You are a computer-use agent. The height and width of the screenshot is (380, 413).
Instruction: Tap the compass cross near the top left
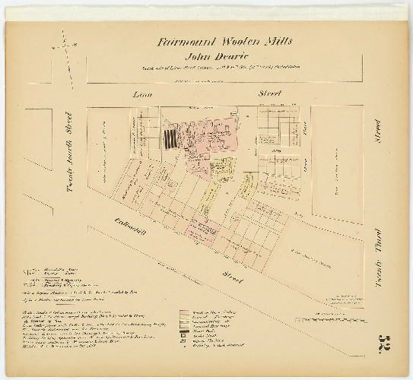tap(65, 46)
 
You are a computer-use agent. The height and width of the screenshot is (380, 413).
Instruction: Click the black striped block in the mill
tap(168, 139)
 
